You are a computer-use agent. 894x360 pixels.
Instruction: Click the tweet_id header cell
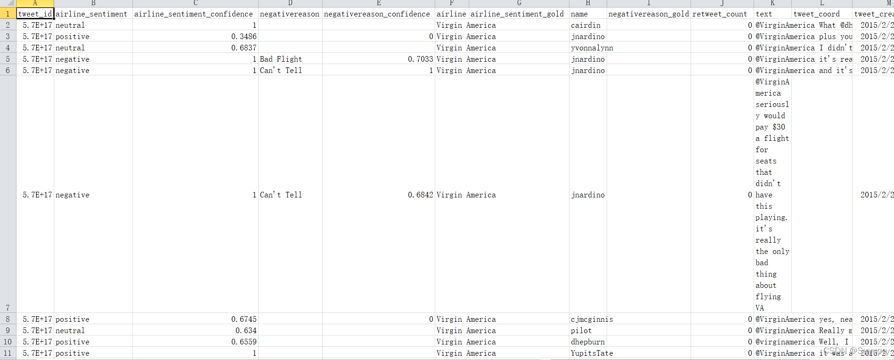click(35, 14)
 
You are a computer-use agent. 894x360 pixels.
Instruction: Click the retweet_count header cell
click(720, 14)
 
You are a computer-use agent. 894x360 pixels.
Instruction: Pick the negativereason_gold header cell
click(649, 14)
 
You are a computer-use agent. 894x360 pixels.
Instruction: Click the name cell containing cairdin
click(585, 25)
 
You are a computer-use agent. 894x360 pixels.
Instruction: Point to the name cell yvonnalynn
click(592, 48)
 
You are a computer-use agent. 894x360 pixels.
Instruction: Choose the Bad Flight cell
click(281, 59)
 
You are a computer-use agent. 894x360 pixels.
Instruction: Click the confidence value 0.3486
click(244, 37)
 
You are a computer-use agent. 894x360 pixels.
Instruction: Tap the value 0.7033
click(420, 59)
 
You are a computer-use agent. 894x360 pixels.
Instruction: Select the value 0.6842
click(420, 195)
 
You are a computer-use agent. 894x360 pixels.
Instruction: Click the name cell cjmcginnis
click(592, 319)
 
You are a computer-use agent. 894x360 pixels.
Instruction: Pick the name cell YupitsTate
click(592, 353)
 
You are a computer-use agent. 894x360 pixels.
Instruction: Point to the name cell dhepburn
click(587, 342)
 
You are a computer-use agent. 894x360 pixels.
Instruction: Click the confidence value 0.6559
click(244, 342)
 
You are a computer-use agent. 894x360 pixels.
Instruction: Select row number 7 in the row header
click(8, 308)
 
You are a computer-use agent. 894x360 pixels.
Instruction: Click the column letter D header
click(290, 3)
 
